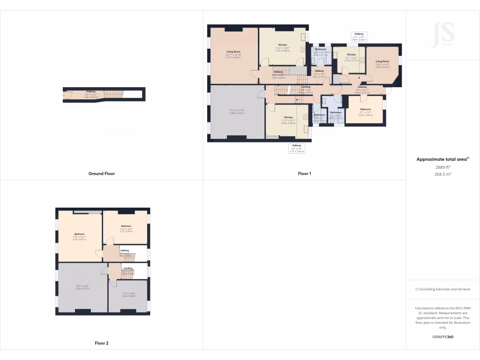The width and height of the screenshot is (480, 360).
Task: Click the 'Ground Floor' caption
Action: point(102,173)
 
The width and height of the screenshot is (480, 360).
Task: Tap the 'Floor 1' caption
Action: point(305,173)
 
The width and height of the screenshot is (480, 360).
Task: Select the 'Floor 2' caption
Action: point(102,343)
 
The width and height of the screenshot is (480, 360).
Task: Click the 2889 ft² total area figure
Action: point(442,167)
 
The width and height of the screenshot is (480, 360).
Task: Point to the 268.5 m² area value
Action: point(442,174)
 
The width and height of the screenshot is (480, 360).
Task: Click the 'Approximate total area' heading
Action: point(442,159)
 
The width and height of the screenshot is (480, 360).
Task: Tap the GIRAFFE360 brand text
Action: point(442,337)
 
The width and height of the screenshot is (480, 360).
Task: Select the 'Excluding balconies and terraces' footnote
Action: point(442,289)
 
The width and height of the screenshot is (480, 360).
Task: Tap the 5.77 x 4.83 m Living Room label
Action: point(233,54)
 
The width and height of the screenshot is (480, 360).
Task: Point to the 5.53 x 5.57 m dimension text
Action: point(82,287)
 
